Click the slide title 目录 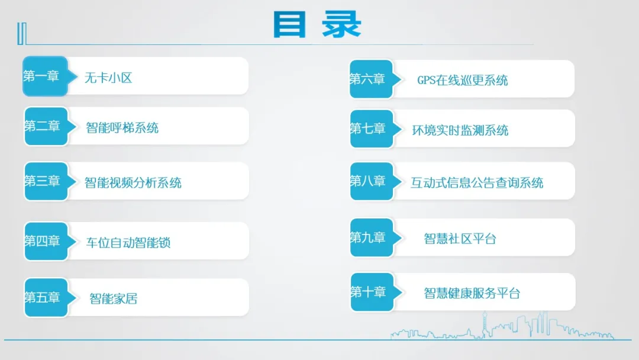(x=317, y=25)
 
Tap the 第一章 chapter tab (x=43, y=76)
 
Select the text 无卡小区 (x=108, y=78)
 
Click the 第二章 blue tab (x=43, y=126)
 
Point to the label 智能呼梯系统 (x=122, y=127)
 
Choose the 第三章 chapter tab (x=43, y=181)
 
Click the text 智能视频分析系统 (x=133, y=182)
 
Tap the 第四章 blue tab (x=43, y=241)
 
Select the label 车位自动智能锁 (x=128, y=242)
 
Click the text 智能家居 (x=113, y=298)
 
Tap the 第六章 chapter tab (x=369, y=79)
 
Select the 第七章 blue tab (x=369, y=128)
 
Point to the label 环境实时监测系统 (x=460, y=130)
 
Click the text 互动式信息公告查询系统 (x=477, y=183)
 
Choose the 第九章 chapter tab (x=369, y=237)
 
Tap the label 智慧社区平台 (x=460, y=239)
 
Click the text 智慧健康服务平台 (x=472, y=293)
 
